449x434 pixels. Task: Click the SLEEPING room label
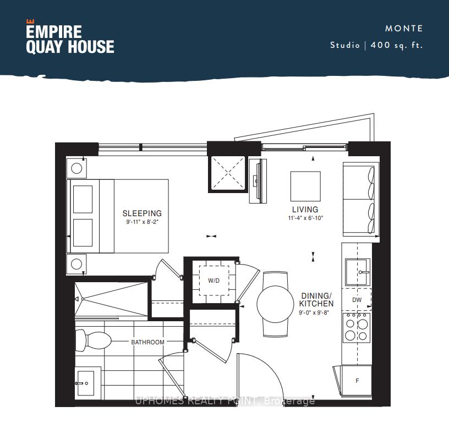pos(142,213)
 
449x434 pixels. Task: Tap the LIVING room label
pos(305,209)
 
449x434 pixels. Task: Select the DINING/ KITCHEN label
pos(316,300)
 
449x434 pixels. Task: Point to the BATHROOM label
pos(148,342)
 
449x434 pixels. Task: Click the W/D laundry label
pos(214,281)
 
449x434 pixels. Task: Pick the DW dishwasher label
pos(357,300)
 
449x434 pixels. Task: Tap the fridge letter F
pos(357,381)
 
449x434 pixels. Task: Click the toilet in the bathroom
pos(93,340)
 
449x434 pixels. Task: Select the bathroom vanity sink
pos(85,383)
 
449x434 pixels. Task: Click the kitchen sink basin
pos(358,272)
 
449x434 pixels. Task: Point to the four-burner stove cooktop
pos(357,327)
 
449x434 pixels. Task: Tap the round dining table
pos(276,304)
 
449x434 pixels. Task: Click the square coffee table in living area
pos(305,186)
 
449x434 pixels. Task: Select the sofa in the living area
pos(361,200)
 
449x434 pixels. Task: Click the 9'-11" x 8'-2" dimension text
pos(143,222)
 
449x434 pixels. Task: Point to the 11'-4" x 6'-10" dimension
pos(305,218)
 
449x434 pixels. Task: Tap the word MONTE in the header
pos(404,29)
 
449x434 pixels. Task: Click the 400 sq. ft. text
pos(397,45)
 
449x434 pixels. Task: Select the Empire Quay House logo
pos(70,37)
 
